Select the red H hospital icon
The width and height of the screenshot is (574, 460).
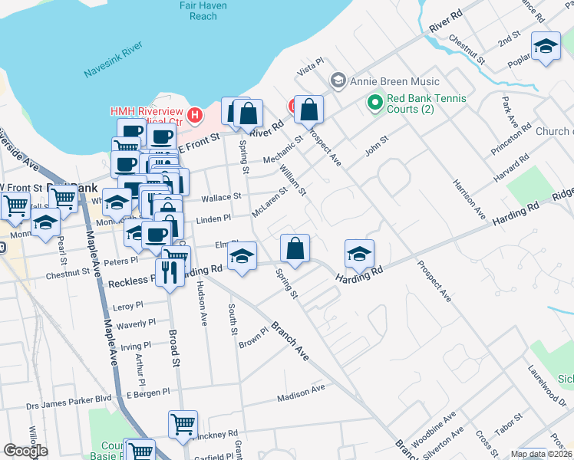click(x=195, y=116)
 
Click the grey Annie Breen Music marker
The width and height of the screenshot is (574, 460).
click(x=337, y=81)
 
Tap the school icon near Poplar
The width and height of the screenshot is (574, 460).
click(x=546, y=47)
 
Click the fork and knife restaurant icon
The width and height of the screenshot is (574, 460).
click(x=170, y=271)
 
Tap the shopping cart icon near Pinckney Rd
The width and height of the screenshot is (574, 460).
click(x=183, y=424)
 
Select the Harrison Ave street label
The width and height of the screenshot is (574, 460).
click(x=469, y=198)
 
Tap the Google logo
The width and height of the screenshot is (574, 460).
click(x=25, y=451)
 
